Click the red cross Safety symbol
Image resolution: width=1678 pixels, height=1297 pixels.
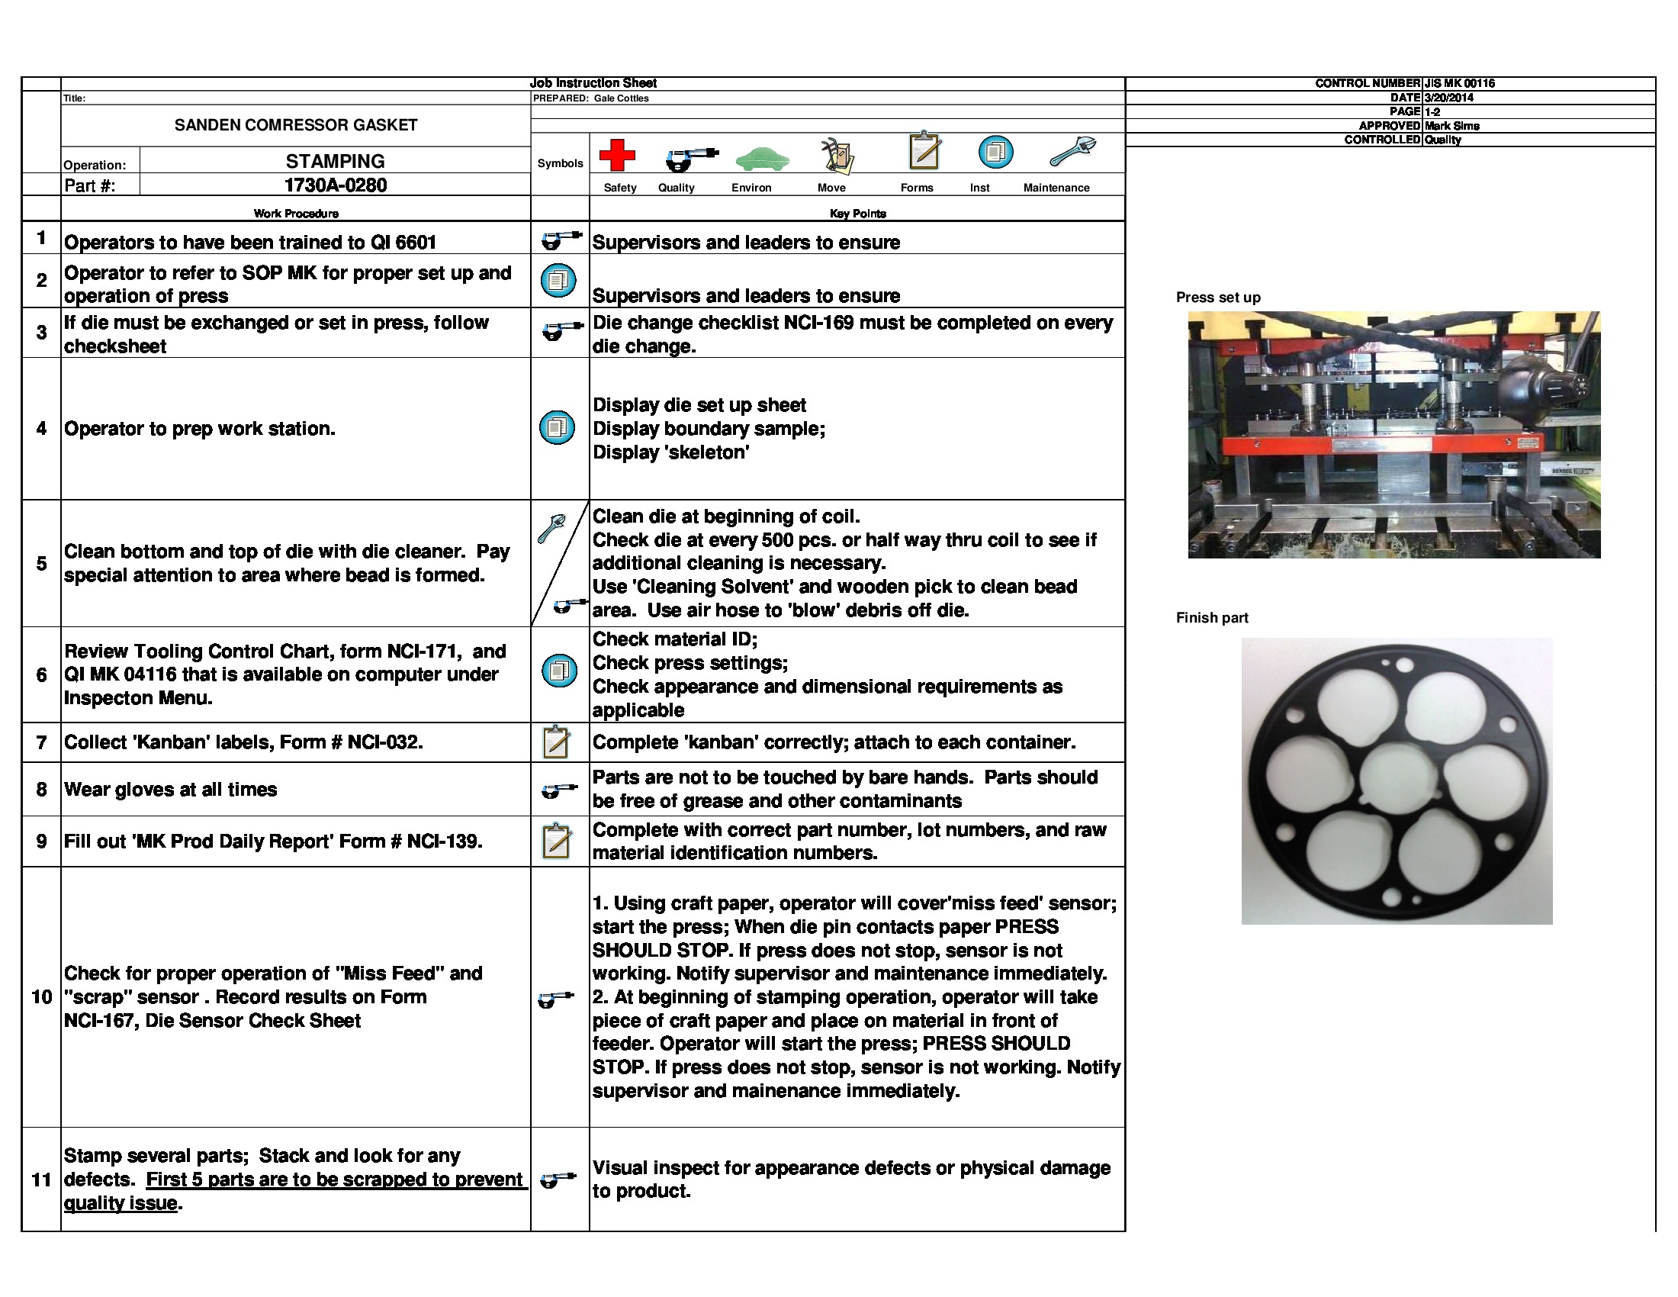pyautogui.click(x=617, y=154)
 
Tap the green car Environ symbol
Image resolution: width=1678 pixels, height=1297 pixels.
pyautogui.click(x=762, y=159)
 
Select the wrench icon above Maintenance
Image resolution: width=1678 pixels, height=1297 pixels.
pyautogui.click(x=1072, y=151)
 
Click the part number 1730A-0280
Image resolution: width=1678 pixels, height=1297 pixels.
pyautogui.click(x=335, y=185)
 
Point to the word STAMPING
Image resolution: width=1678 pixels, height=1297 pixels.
pyautogui.click(x=335, y=161)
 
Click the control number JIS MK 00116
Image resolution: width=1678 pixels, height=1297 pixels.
pyautogui.click(x=1459, y=83)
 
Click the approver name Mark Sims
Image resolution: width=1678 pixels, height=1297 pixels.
pyautogui.click(x=1451, y=126)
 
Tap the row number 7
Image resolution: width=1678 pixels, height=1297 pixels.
pyautogui.click(x=41, y=742)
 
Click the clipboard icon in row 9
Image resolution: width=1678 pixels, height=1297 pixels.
pyautogui.click(x=556, y=842)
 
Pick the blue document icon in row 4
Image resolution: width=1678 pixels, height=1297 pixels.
pyautogui.click(x=558, y=428)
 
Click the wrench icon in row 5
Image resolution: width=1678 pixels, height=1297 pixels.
pyautogui.click(x=551, y=529)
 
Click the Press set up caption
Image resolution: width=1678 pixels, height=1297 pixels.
pyautogui.click(x=1218, y=298)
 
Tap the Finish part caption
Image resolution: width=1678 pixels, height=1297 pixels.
pyautogui.click(x=1212, y=618)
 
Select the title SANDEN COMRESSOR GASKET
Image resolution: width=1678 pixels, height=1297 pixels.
pyautogui.click(x=296, y=125)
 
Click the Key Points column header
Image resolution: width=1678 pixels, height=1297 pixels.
pyautogui.click(x=857, y=214)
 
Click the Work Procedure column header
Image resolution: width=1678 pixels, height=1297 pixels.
pyautogui.click(x=296, y=214)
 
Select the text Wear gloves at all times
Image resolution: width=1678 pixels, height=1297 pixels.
pyautogui.click(x=171, y=790)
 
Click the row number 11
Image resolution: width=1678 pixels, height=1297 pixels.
pyautogui.click(x=41, y=1180)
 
